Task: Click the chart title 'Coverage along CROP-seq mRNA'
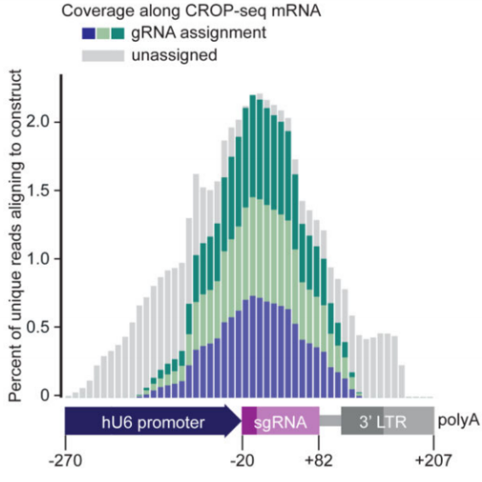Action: pyautogui.click(x=191, y=11)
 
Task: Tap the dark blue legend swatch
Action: pyautogui.click(x=89, y=33)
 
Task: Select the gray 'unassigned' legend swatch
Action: pyautogui.click(x=103, y=55)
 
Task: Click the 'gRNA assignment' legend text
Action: pyautogui.click(x=198, y=33)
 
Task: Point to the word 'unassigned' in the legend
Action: pyautogui.click(x=175, y=55)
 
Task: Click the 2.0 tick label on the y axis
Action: pyautogui.click(x=37, y=122)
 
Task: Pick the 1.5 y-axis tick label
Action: pyautogui.click(x=37, y=191)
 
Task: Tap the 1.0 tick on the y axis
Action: pyautogui.click(x=37, y=259)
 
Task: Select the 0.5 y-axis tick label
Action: pyautogui.click(x=37, y=327)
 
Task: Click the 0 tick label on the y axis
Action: pyautogui.click(x=44, y=395)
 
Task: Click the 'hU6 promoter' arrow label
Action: pyautogui.click(x=153, y=422)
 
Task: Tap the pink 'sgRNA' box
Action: pyautogui.click(x=281, y=421)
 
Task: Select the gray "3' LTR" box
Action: pyautogui.click(x=387, y=420)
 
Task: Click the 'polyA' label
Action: pyautogui.click(x=458, y=420)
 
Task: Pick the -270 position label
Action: pyautogui.click(x=66, y=461)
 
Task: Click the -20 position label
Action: pyautogui.click(x=242, y=461)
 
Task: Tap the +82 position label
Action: pyautogui.click(x=318, y=461)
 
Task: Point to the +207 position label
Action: pyautogui.click(x=433, y=461)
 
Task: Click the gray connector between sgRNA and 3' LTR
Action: pyautogui.click(x=330, y=421)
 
